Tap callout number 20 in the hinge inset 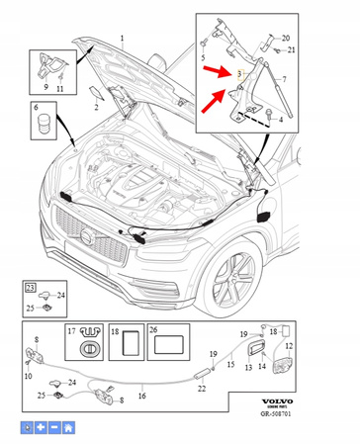(286, 38)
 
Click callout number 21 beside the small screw (291, 49)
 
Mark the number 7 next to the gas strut (284, 79)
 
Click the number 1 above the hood (123, 37)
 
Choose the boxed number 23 (31, 286)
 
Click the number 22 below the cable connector (203, 388)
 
